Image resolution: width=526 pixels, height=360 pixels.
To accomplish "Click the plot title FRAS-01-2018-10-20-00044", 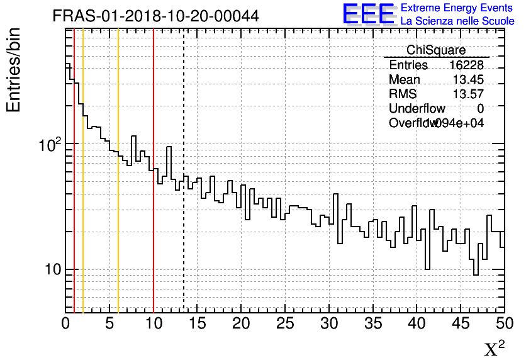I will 155,16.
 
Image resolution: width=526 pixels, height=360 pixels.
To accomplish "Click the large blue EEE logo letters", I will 368,14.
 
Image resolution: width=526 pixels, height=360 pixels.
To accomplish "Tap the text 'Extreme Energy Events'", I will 457,8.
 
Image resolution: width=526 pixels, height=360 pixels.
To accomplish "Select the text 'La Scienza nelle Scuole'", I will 457,21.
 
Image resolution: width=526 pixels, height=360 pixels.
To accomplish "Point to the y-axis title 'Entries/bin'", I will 14,70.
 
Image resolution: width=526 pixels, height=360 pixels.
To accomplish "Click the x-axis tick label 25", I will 285,323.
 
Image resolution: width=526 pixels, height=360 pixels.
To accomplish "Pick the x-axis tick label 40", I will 417,323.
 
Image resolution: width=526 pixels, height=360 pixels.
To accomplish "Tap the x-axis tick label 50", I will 503,323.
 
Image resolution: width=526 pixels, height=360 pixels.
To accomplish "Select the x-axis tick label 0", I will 65,323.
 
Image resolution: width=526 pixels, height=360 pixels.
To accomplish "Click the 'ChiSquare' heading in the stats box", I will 436,50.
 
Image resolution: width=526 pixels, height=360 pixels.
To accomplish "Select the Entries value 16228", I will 466,65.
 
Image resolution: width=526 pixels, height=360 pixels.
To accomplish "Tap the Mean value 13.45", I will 468,80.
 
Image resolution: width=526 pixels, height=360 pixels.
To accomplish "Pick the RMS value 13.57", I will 468,94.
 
